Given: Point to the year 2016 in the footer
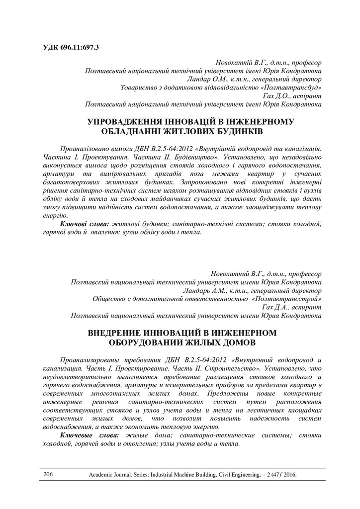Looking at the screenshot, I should (289, 475).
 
